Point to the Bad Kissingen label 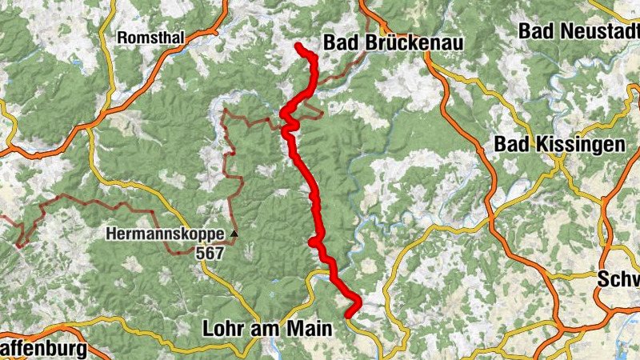559,144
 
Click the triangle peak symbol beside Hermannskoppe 234,234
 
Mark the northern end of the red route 298,46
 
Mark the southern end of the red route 349,314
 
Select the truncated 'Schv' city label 619,279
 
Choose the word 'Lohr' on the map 221,328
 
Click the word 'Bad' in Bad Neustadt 535,31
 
